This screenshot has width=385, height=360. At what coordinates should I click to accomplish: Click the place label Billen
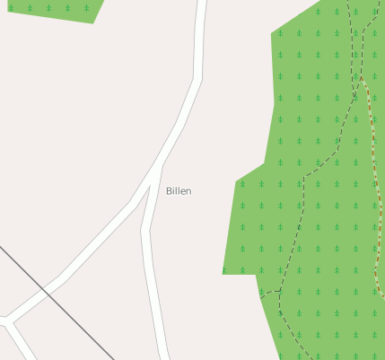point(179,191)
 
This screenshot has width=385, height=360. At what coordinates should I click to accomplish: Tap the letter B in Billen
point(169,191)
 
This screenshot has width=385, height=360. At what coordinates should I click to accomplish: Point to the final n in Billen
point(188,191)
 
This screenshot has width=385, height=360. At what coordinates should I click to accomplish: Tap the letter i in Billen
point(173,191)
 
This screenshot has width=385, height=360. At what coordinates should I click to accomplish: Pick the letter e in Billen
point(182,191)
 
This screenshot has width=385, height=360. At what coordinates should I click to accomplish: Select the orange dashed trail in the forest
point(374,180)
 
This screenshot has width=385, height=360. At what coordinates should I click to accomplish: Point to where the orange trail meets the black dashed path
point(362,79)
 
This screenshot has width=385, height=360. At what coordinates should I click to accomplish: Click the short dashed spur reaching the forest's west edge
point(269,293)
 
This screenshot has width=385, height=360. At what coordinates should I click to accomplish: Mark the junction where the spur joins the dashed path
point(282,290)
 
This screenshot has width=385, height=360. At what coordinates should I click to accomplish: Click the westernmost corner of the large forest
point(223,273)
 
